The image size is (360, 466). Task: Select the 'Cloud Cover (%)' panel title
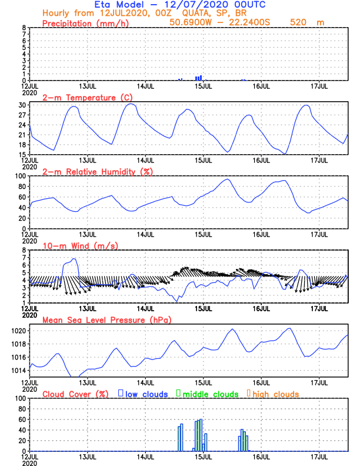tap(76, 394)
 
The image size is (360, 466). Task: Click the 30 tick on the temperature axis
tap(22, 105)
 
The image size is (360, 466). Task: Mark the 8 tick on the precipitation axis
tap(24, 27)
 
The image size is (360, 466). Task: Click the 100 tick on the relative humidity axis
tap(19, 175)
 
